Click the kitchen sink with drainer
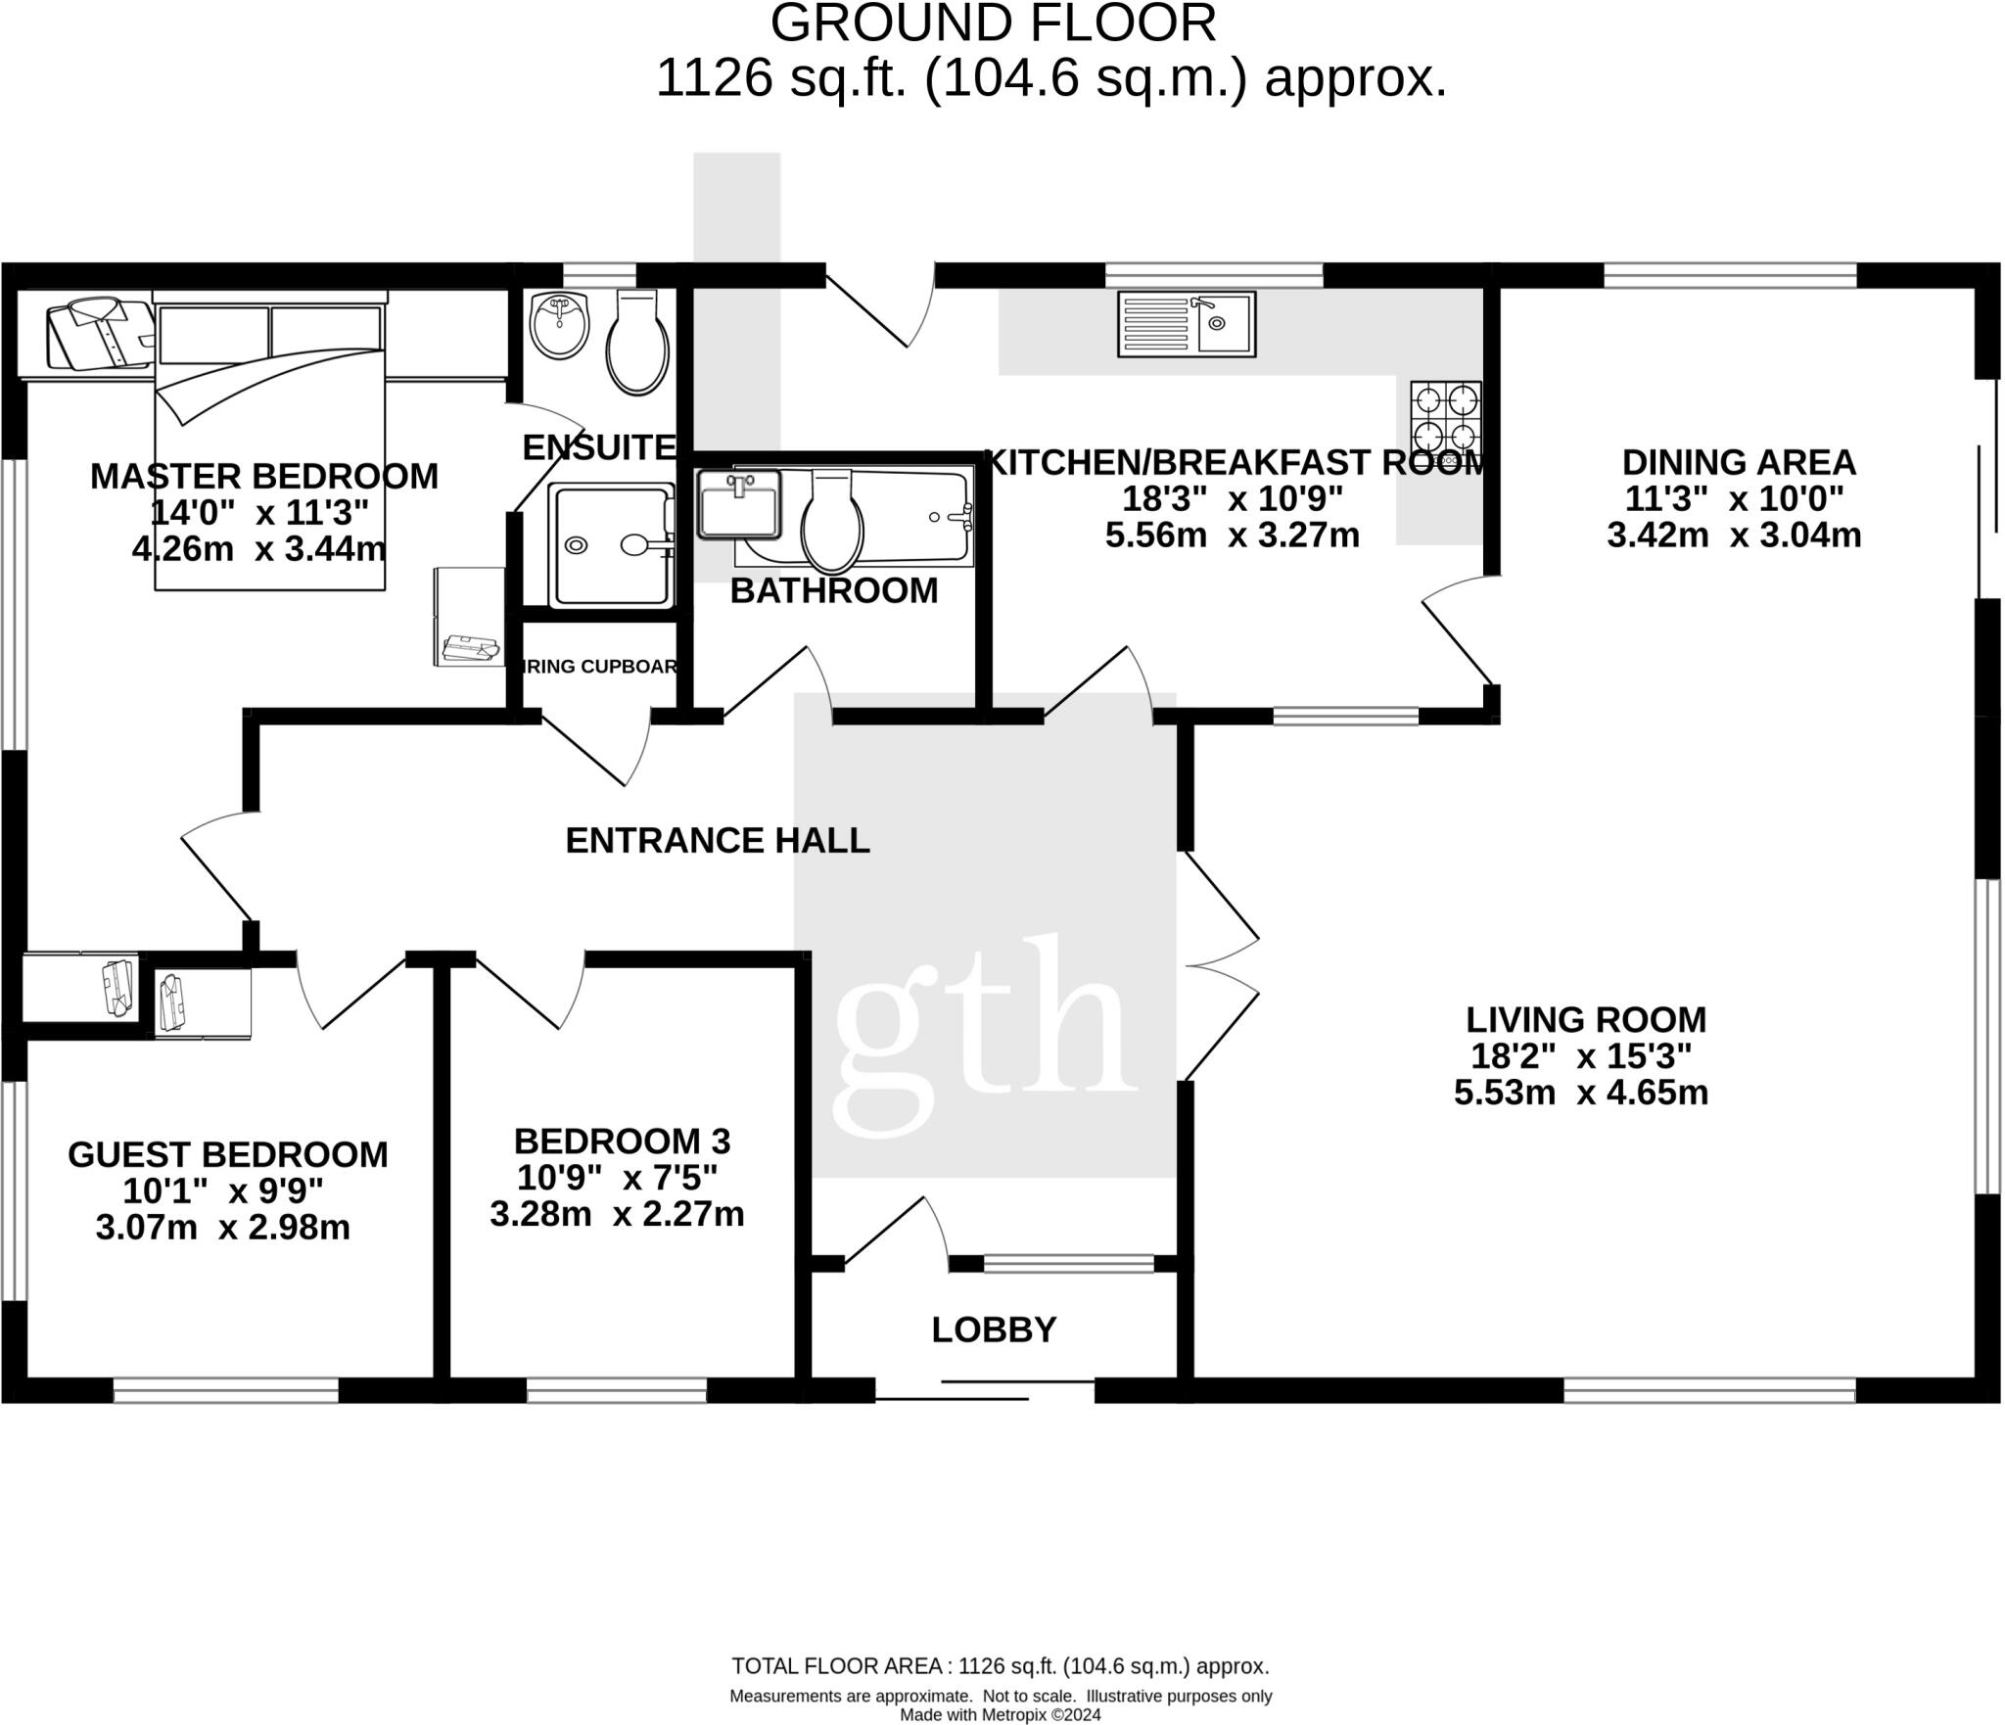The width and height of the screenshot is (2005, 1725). click(x=1186, y=324)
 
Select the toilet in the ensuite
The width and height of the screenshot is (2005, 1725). click(x=637, y=346)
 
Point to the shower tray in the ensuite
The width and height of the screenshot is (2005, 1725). click(x=610, y=545)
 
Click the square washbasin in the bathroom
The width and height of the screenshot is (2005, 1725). click(x=739, y=504)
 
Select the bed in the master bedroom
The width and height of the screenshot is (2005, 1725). click(x=269, y=445)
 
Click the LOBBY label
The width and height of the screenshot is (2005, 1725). click(x=994, y=1329)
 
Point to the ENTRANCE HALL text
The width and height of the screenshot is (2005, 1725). click(x=718, y=840)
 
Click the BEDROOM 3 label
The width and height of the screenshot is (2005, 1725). click(x=622, y=1141)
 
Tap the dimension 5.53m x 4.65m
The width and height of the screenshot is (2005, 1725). click(x=1580, y=1093)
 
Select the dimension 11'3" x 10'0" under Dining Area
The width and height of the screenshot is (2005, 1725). click(x=1734, y=499)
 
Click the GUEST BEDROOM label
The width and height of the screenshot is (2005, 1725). click(x=227, y=1154)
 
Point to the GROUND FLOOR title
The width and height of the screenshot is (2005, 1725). click(x=993, y=23)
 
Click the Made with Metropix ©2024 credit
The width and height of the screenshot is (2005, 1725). click(x=1000, y=1714)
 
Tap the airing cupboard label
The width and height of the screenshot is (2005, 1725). click(x=599, y=667)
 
